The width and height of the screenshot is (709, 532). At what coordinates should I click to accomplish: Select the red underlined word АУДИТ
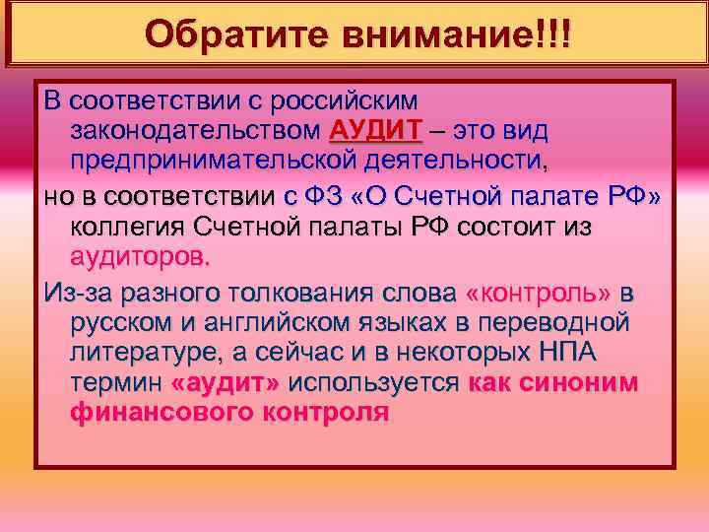point(375,130)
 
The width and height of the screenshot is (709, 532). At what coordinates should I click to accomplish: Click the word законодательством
point(195,130)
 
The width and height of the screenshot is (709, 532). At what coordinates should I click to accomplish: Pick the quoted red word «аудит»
point(226,382)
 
